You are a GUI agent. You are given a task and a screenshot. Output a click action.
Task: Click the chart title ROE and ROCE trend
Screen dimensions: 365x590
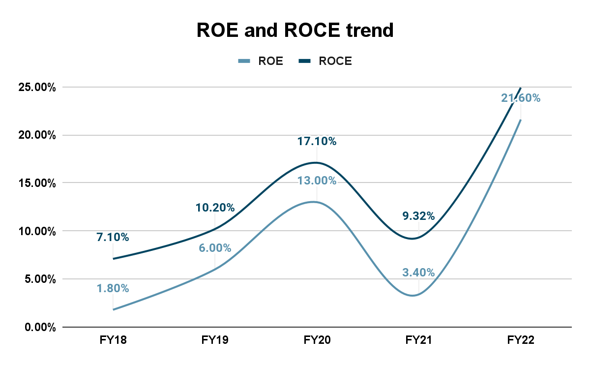[x=295, y=30]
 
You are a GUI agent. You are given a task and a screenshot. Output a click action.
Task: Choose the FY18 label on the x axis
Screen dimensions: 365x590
[x=113, y=340]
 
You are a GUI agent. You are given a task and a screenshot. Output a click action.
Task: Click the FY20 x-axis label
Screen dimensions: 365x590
[x=317, y=340]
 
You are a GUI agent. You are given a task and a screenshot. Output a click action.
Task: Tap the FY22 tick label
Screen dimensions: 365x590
[x=521, y=340]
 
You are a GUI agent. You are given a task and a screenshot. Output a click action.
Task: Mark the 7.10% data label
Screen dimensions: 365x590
[x=113, y=238]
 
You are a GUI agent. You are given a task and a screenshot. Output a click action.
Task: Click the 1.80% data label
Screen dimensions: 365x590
[x=113, y=289]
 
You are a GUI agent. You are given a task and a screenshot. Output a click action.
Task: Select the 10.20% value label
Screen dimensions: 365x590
[x=215, y=208]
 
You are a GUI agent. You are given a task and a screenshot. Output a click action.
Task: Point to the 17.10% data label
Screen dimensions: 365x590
[x=317, y=142]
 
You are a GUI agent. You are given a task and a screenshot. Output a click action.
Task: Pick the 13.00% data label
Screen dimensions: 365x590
[x=317, y=181]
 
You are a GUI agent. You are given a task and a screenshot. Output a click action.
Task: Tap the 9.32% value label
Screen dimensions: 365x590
[x=418, y=216]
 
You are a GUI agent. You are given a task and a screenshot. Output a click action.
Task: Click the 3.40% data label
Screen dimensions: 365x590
[x=418, y=273]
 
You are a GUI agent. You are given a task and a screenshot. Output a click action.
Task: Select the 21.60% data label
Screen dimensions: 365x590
[x=521, y=98]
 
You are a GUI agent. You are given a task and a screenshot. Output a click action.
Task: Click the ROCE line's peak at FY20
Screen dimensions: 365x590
[x=316, y=163]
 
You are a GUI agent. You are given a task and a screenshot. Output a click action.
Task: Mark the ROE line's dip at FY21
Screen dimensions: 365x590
[x=414, y=295]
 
